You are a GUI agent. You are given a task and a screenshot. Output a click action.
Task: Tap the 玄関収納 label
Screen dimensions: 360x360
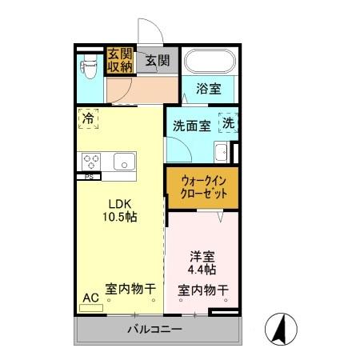click(x=119, y=61)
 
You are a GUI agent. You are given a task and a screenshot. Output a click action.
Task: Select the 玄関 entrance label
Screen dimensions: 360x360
click(x=156, y=60)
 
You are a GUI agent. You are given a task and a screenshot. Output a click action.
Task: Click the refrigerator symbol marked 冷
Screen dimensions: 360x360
click(x=87, y=119)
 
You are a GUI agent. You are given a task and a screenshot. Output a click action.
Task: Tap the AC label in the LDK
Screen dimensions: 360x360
click(x=90, y=298)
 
